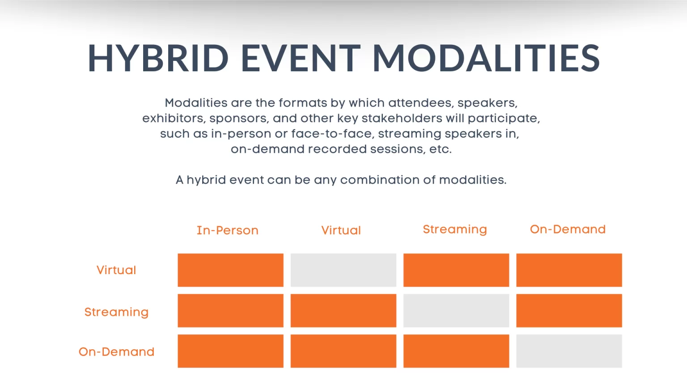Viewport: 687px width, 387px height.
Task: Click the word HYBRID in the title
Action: point(158,58)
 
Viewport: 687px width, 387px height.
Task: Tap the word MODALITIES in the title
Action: point(487,58)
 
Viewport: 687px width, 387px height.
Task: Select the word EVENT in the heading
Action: point(301,58)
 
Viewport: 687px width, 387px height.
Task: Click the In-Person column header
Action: point(228,230)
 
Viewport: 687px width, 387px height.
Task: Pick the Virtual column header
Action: point(341,230)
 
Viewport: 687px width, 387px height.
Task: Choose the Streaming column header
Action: point(455,230)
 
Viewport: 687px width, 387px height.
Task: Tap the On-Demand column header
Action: point(568,229)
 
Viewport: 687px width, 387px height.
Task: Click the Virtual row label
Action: point(116,270)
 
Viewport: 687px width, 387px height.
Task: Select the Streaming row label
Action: point(117,312)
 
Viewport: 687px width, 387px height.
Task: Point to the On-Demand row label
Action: point(117,352)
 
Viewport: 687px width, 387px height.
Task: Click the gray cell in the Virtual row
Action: point(343,270)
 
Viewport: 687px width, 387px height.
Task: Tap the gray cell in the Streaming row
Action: point(456,310)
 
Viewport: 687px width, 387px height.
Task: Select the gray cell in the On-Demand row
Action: point(569,351)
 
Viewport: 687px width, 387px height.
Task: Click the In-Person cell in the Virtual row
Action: point(231,270)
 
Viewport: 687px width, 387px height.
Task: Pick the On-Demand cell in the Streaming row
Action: point(569,310)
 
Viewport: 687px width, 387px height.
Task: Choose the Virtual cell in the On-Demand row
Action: point(343,351)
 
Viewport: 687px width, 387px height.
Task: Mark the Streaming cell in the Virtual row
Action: point(456,270)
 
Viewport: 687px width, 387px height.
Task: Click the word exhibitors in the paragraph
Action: point(174,118)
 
